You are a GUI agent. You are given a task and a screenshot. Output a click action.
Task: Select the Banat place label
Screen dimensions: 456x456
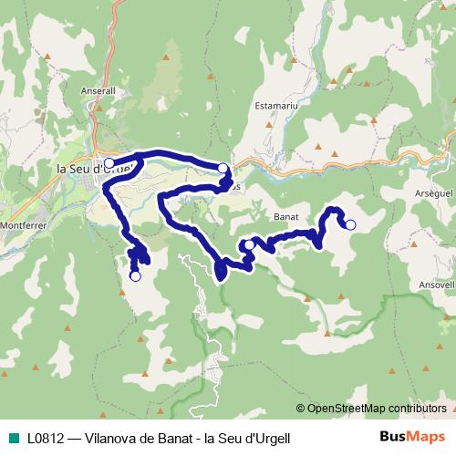point(286,217)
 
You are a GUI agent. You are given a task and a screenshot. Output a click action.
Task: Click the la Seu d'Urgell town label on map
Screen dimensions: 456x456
point(94,168)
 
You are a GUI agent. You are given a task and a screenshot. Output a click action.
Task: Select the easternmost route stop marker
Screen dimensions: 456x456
point(349,224)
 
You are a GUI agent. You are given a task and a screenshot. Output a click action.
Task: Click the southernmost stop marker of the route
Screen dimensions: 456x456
point(135,275)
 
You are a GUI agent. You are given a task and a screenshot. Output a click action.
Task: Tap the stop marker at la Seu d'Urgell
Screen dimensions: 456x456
point(109,163)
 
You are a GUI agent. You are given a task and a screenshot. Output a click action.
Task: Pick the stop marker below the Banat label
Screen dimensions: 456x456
point(249,244)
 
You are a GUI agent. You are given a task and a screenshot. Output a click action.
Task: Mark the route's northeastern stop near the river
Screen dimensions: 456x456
point(223,168)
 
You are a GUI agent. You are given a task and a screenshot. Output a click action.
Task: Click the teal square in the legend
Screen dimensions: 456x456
point(13,438)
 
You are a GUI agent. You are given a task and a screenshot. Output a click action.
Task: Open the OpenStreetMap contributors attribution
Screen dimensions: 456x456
point(376,408)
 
